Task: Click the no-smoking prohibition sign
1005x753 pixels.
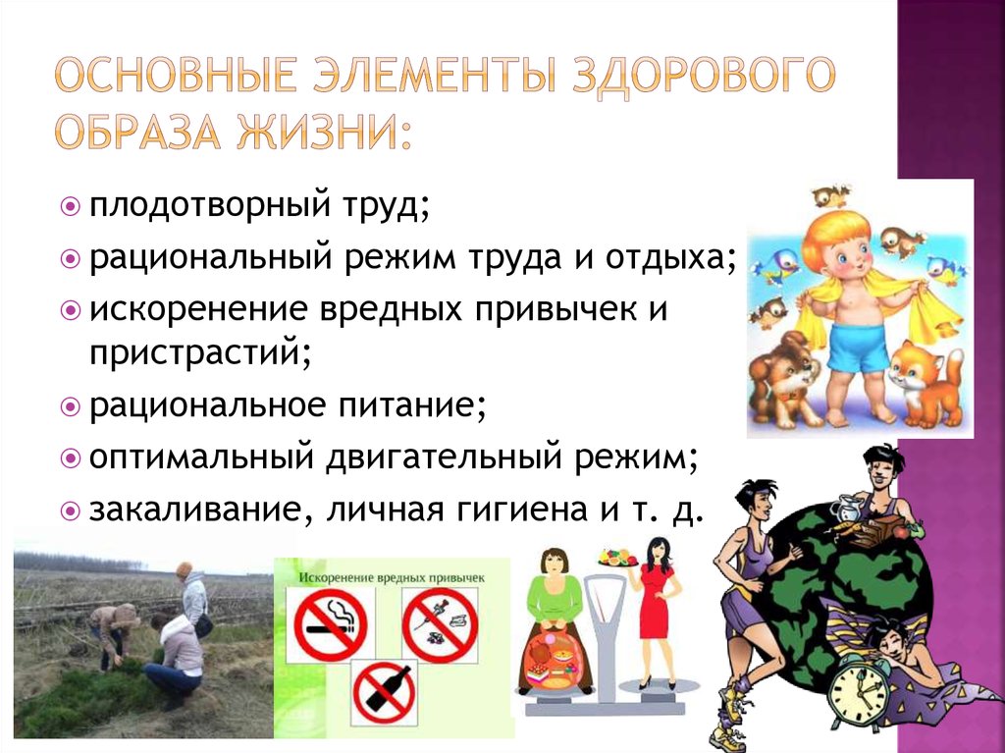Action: coord(330,623)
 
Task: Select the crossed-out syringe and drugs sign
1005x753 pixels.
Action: coord(441,624)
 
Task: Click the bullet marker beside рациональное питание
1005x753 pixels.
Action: coord(70,406)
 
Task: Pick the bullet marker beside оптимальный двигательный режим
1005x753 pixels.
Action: coord(70,457)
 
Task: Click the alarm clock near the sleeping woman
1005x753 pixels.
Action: coord(858,695)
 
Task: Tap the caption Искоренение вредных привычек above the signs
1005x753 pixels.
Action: coord(393,577)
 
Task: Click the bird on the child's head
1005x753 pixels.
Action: coord(832,195)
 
